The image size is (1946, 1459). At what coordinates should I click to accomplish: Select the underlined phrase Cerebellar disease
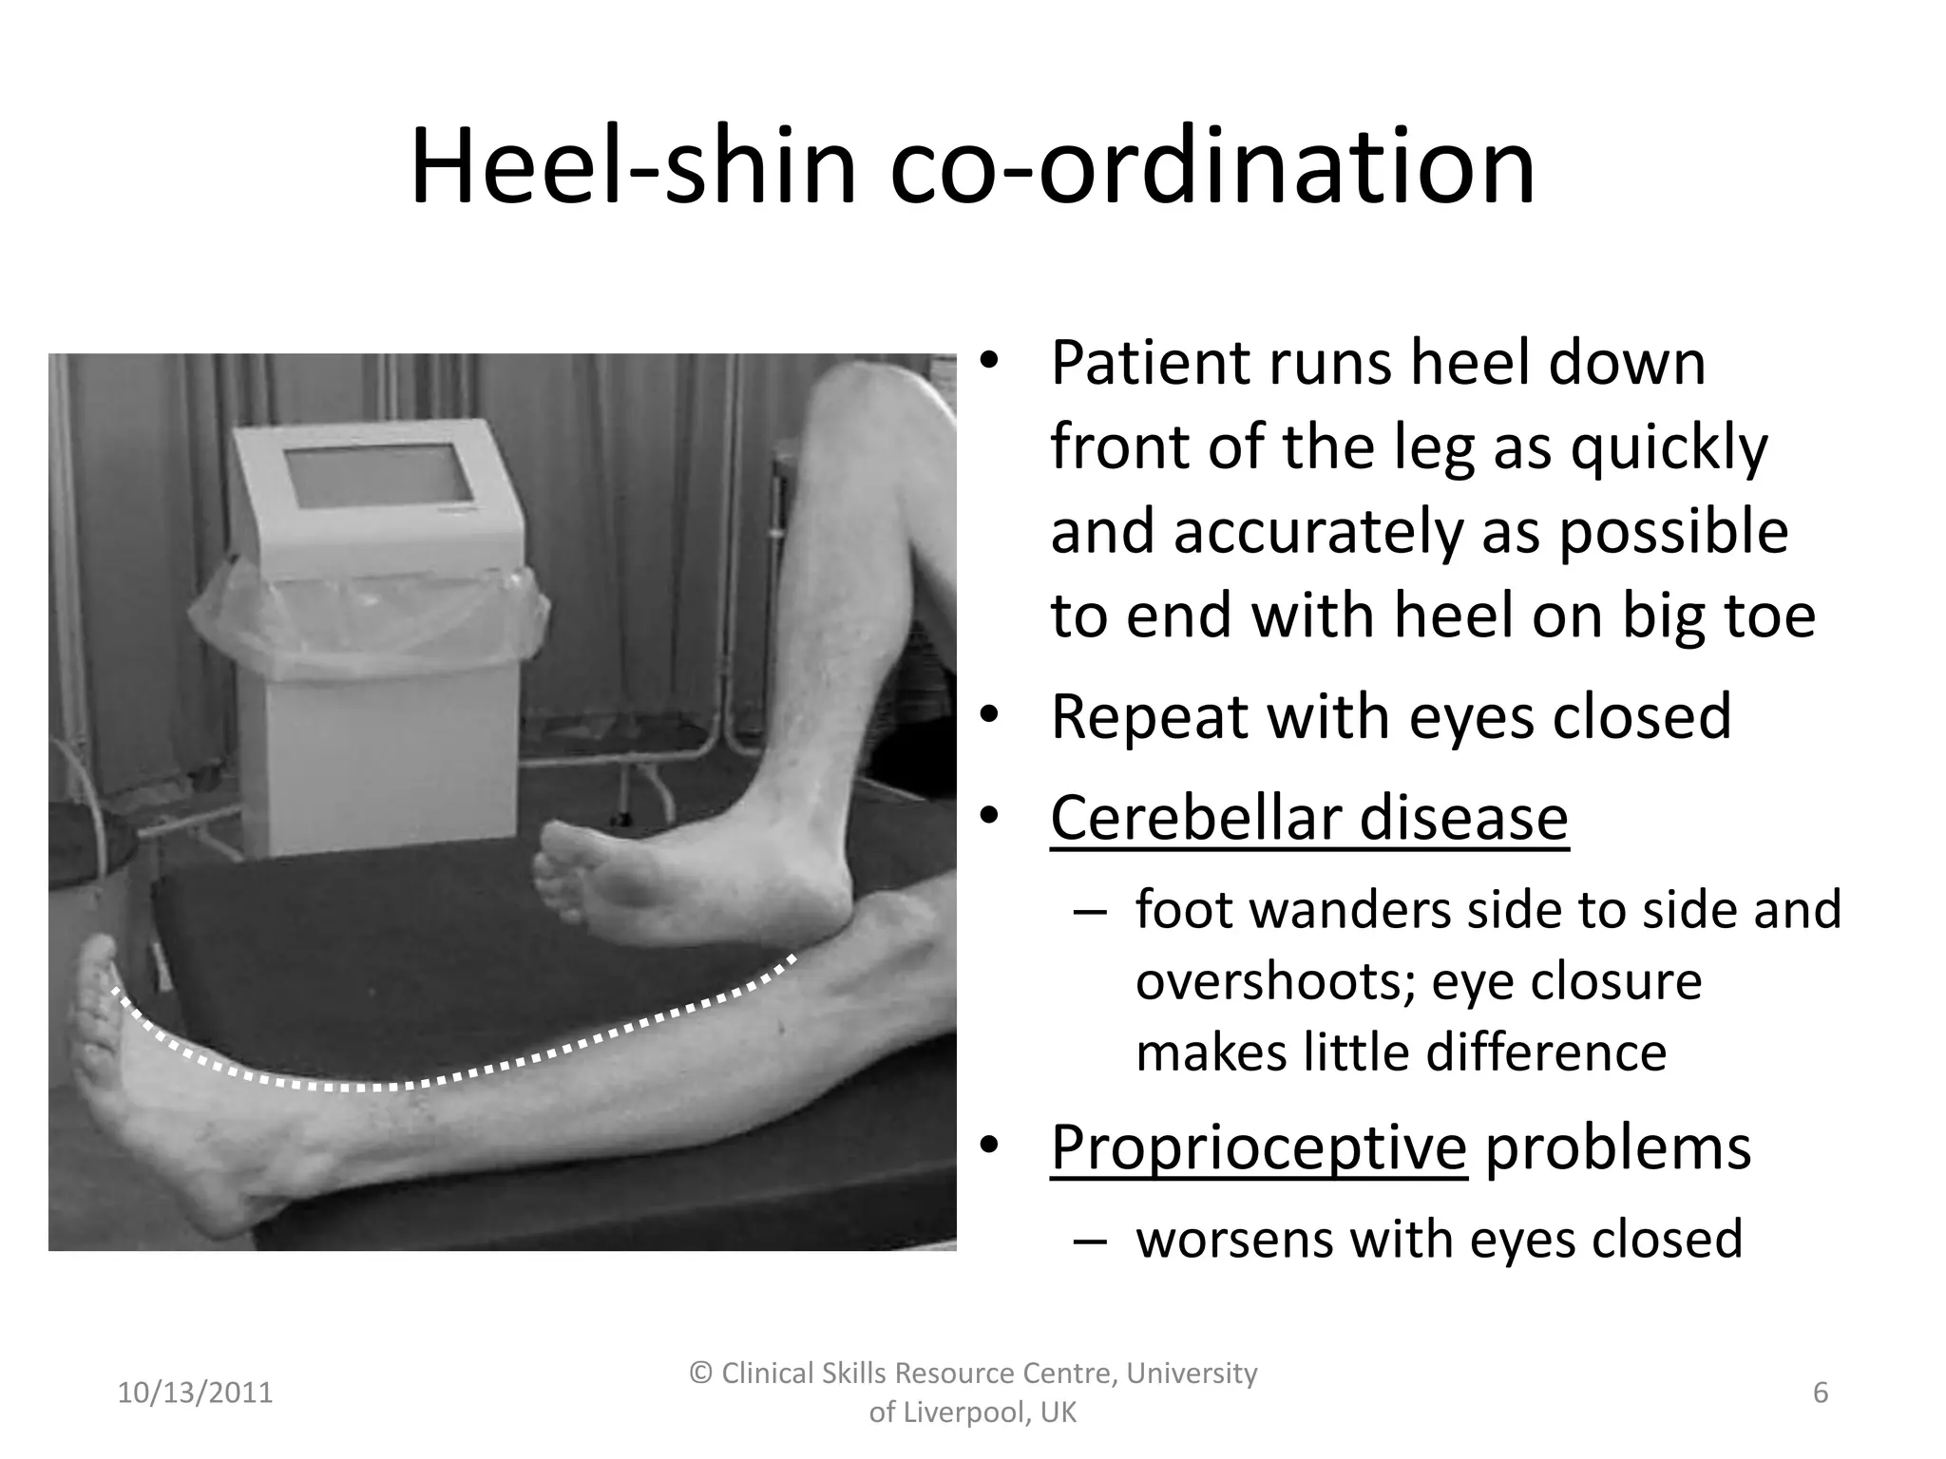[x=1308, y=818]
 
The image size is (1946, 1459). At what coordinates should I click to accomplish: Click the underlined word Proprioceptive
[x=1258, y=1147]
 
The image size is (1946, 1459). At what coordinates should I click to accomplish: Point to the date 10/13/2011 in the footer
[x=195, y=1393]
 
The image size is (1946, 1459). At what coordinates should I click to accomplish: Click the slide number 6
[x=1821, y=1393]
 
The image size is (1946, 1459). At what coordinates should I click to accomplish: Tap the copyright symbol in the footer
[x=701, y=1374]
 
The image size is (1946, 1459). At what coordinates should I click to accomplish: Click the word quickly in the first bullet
[x=1669, y=446]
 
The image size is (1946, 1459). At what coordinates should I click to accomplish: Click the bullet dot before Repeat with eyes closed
[x=989, y=717]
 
